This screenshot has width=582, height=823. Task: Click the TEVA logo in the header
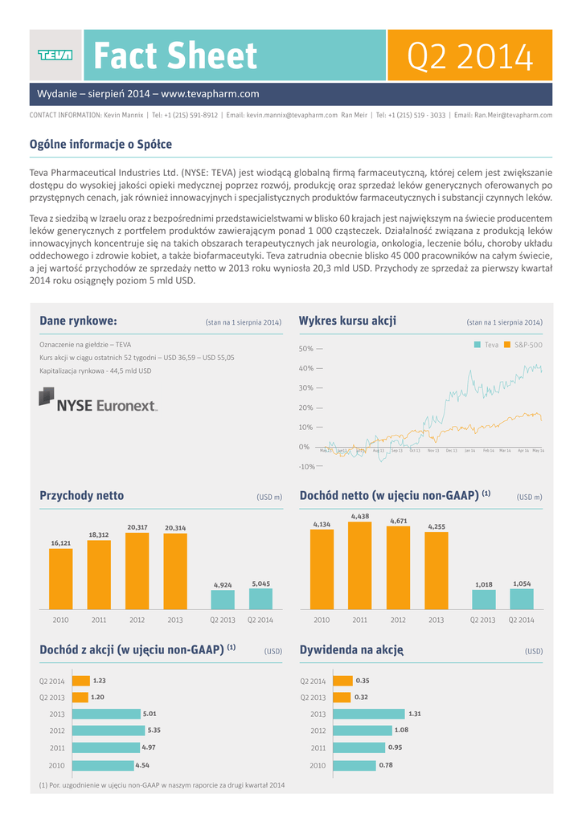55,55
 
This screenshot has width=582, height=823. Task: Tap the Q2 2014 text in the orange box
470,55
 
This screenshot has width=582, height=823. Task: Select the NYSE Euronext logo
98,399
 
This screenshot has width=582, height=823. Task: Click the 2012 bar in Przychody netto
137,571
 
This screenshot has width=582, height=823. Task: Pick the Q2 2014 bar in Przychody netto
260,599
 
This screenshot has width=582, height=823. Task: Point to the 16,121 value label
61,543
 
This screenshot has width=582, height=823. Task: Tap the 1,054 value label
522,583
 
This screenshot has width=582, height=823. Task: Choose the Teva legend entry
486,345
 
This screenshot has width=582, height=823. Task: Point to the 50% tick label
306,349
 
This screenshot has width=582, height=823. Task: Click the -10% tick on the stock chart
306,466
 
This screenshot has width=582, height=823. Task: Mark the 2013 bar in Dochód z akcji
106,714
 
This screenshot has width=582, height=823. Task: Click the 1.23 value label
100,680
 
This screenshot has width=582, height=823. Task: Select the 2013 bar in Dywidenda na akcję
368,714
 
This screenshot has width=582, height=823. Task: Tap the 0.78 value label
385,765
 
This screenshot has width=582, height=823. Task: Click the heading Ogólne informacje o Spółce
100,145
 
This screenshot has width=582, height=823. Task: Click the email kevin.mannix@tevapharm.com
292,116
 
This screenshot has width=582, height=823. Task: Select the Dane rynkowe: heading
78,321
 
